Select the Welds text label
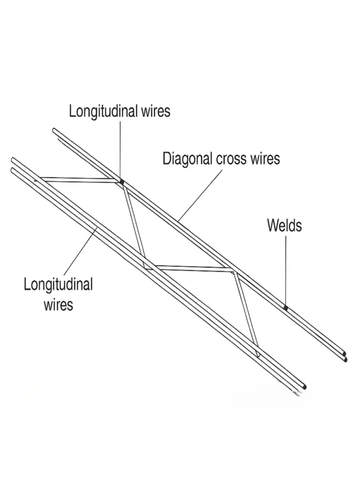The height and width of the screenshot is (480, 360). [285, 225]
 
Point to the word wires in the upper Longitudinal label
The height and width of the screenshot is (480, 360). [156, 111]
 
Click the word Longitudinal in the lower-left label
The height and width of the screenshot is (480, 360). [58, 284]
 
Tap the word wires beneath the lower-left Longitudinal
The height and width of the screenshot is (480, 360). [59, 305]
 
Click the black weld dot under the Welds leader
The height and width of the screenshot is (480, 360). [285, 307]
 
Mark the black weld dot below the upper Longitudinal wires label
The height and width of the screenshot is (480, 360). [121, 182]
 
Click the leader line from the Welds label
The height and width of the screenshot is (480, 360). [286, 270]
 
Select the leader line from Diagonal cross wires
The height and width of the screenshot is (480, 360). [200, 195]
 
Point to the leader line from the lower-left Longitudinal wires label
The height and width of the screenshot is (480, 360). [81, 251]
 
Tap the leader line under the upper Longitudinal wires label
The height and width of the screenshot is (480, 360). [120, 150]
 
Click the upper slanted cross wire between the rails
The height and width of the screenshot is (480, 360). [134, 222]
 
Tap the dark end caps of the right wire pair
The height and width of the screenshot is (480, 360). [345, 357]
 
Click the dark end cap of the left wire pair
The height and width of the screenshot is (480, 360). [304, 387]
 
